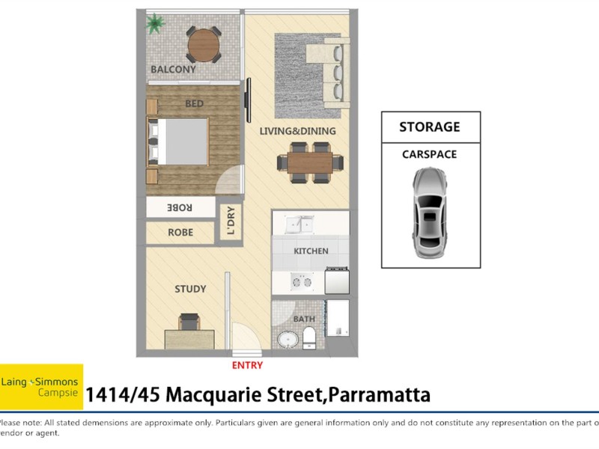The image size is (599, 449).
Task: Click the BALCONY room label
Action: click(173, 70)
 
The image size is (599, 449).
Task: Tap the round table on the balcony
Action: click(204, 45)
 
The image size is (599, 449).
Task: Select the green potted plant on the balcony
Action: click(156, 23)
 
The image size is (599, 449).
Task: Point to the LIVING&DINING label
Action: click(297, 132)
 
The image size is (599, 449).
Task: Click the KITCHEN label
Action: click(311, 251)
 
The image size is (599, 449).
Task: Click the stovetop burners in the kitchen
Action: click(302, 281)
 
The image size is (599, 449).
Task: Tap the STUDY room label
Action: click(190, 289)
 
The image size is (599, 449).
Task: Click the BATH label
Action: click(303, 319)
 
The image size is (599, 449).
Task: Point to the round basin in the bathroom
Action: click(287, 340)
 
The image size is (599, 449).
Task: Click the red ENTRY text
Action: click(248, 365)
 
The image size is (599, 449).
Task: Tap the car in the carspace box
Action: click(431, 213)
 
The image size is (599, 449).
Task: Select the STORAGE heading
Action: click(429, 126)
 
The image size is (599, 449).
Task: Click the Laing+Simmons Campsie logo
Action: click(41, 386)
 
